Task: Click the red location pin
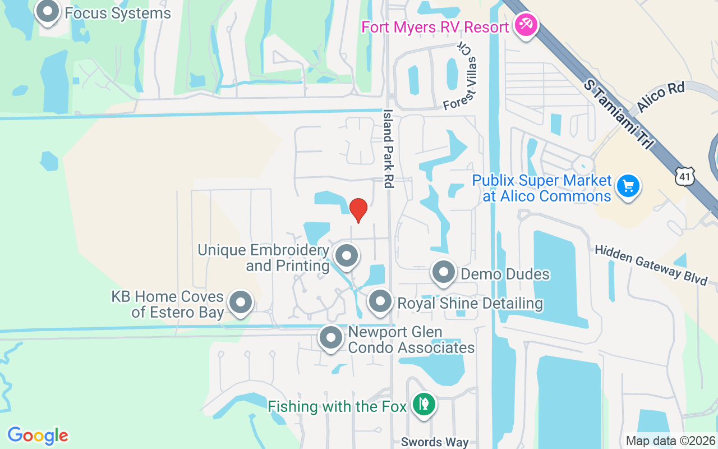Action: point(358,210)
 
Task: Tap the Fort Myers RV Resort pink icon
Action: point(526,26)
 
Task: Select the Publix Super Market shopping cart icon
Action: point(628,186)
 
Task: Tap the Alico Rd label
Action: point(661,98)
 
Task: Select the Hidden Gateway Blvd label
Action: point(651,265)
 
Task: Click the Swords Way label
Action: point(435,442)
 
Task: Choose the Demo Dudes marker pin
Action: point(444,273)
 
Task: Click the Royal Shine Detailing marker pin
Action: point(380,301)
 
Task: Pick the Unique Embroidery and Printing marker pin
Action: point(346,256)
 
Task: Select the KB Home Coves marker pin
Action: point(241,302)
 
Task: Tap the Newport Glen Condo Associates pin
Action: point(330,338)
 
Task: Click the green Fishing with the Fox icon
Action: point(424,404)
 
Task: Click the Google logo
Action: point(38,436)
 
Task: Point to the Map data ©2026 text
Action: point(670,441)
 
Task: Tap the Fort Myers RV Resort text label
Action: point(435,27)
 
